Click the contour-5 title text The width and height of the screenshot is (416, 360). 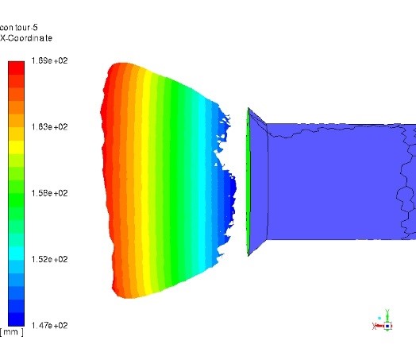point(19,27)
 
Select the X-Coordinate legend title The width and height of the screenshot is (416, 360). point(26,38)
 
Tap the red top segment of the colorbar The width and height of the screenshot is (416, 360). point(16,68)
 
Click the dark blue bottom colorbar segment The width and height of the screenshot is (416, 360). point(16,318)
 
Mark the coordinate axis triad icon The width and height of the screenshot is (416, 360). point(383,322)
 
